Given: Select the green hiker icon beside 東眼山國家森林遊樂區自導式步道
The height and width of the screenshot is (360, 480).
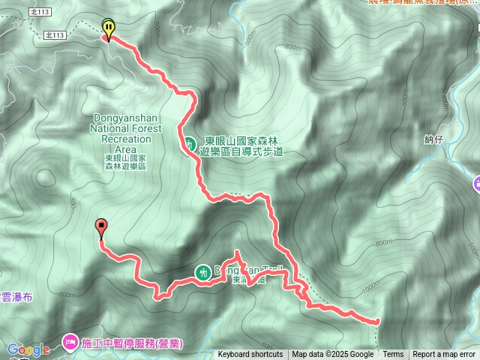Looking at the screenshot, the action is pyautogui.click(x=190, y=142).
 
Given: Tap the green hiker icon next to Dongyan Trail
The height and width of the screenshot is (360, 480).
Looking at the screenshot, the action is pyautogui.click(x=202, y=272).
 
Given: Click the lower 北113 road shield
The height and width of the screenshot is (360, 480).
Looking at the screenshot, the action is pyautogui.click(x=55, y=35).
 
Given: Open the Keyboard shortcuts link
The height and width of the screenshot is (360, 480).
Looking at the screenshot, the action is pyautogui.click(x=250, y=355).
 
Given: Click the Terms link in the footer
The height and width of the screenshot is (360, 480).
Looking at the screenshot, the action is pyautogui.click(x=393, y=355).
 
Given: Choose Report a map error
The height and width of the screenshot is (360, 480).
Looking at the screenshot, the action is pyautogui.click(x=444, y=355).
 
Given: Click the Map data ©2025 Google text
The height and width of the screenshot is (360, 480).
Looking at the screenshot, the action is pyautogui.click(x=333, y=355).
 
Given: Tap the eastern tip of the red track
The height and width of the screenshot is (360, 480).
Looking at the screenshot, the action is pyautogui.click(x=376, y=321).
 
